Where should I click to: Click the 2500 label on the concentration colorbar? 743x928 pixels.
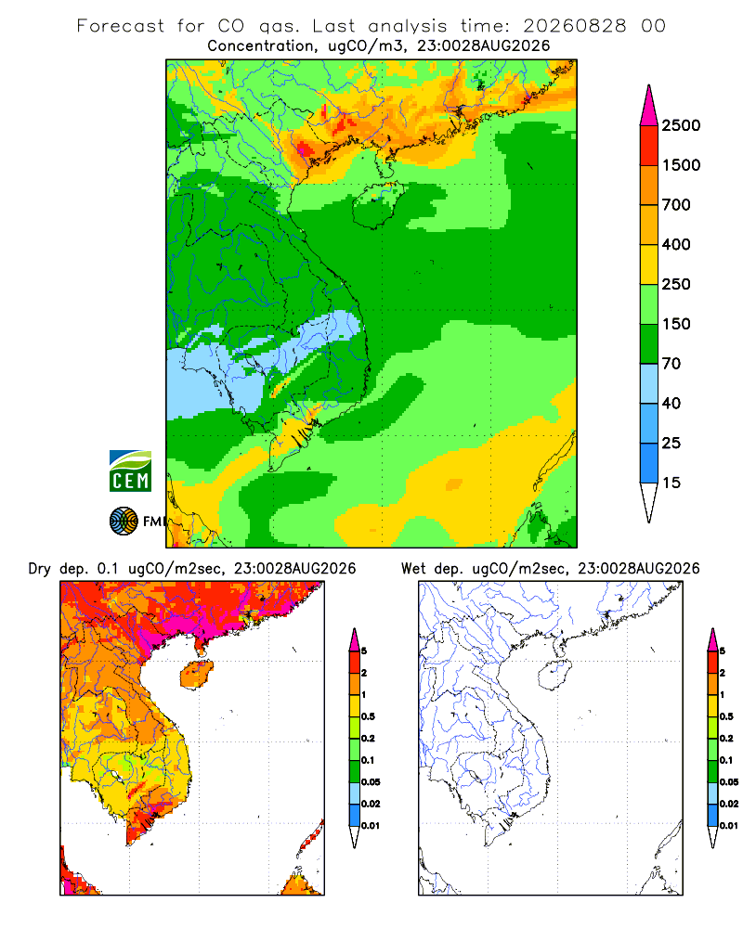coord(681,125)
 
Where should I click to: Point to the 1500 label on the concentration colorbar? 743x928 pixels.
coord(681,165)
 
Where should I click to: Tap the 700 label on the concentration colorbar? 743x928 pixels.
coord(676,205)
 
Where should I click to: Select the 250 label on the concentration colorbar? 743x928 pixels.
coord(676,284)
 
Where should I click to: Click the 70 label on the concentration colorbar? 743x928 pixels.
coord(671,364)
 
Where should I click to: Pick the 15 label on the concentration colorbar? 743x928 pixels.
coord(671,483)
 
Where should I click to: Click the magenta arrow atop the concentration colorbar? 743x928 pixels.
coord(649,106)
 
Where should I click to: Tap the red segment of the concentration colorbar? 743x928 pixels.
coord(649,146)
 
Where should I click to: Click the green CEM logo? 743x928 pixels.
coord(130,471)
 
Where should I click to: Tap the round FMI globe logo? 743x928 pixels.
coord(124,522)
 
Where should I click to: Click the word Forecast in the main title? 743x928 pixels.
coord(121,26)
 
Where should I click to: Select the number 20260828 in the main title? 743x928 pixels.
coord(574,26)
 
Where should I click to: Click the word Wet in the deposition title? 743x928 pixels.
coord(413,569)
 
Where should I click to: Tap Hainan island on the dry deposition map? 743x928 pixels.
coord(196,675)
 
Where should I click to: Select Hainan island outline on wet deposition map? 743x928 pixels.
coord(554,675)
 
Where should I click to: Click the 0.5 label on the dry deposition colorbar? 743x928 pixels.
coord(368,716)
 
